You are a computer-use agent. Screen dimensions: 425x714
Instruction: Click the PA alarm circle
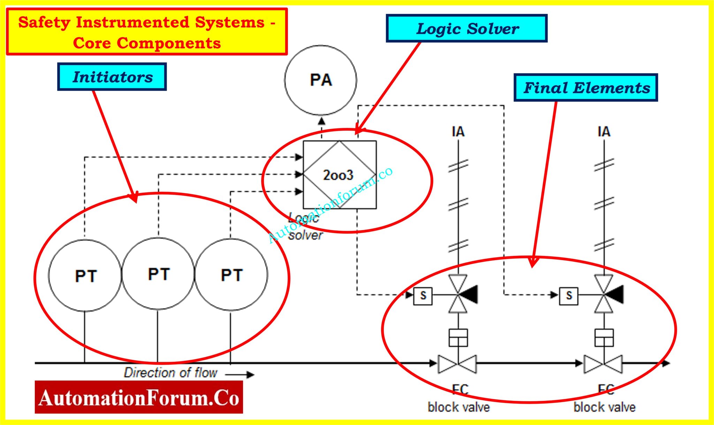pos(320,80)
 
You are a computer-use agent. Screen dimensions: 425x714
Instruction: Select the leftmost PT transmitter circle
pos(85,275)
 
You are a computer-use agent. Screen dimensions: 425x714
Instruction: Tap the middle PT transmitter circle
pos(158,274)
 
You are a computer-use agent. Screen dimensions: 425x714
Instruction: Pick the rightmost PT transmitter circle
pos(231,275)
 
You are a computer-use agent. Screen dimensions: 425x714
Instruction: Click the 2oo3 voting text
pos(338,175)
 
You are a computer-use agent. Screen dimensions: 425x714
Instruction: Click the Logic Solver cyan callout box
pos(466,29)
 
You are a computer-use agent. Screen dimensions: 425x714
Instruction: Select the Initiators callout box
pos(112,77)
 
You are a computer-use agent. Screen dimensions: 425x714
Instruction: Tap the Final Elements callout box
pos(586,88)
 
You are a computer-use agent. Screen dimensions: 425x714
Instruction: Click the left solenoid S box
pos(423,296)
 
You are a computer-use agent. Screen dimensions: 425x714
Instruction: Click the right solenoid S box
pos(569,296)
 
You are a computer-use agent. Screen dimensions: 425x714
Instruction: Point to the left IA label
pos(458,132)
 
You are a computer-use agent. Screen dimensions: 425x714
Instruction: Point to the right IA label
pos(604,132)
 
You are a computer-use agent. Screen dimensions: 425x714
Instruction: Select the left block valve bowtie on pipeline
pos(457,364)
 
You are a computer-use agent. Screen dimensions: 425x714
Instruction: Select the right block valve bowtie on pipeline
pos(603,364)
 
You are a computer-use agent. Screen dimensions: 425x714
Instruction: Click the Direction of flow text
pos(171,373)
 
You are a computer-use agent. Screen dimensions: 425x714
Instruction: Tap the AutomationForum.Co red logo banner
pos(139,397)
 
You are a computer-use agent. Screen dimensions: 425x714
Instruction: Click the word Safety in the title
pos(44,23)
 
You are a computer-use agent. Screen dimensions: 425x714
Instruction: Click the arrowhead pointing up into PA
pos(322,121)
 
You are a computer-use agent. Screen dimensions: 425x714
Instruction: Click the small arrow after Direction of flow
pos(241,375)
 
